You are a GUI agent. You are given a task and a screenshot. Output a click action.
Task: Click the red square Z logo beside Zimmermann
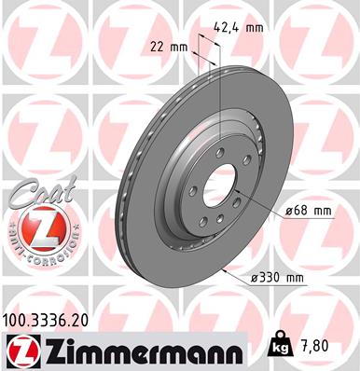(x=21, y=350)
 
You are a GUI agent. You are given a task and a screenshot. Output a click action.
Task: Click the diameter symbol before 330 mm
(x=255, y=278)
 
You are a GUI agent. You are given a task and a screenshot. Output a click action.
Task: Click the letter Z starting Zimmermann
(x=48, y=351)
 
